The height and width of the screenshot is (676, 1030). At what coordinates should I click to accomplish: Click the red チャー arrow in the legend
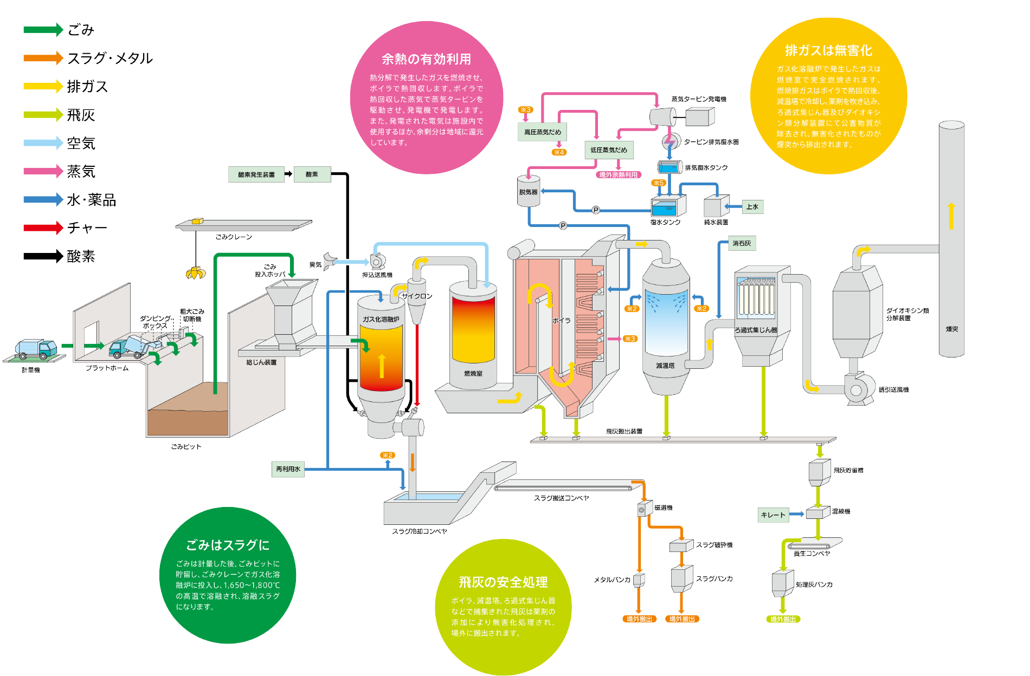click(43, 227)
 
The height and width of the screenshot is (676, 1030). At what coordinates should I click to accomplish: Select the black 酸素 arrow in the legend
click(43, 256)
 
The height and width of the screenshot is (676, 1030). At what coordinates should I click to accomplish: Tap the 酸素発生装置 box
click(256, 174)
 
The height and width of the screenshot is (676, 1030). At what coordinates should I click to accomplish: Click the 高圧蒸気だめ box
click(543, 132)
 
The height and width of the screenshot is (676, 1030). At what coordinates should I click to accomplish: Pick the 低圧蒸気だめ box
click(609, 150)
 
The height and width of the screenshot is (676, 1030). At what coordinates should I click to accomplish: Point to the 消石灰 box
click(742, 243)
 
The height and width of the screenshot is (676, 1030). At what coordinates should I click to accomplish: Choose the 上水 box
click(752, 207)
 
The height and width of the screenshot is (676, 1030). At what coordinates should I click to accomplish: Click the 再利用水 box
click(288, 469)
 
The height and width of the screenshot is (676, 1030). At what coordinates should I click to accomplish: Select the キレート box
click(773, 515)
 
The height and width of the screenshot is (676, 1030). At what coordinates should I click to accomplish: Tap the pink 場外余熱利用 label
click(619, 175)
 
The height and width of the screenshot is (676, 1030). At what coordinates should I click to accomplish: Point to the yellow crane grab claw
click(195, 274)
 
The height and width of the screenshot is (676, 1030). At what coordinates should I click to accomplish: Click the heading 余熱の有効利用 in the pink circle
click(426, 59)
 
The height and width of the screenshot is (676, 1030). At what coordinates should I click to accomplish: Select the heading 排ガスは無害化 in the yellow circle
click(828, 50)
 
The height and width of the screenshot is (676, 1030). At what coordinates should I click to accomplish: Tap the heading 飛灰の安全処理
click(503, 582)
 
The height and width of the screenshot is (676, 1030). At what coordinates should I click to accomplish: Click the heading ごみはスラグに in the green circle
click(228, 545)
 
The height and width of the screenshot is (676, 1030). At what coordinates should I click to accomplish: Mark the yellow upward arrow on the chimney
click(951, 216)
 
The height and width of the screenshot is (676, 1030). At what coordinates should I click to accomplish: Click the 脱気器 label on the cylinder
click(528, 192)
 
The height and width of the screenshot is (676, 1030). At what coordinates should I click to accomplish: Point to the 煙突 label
click(952, 329)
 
